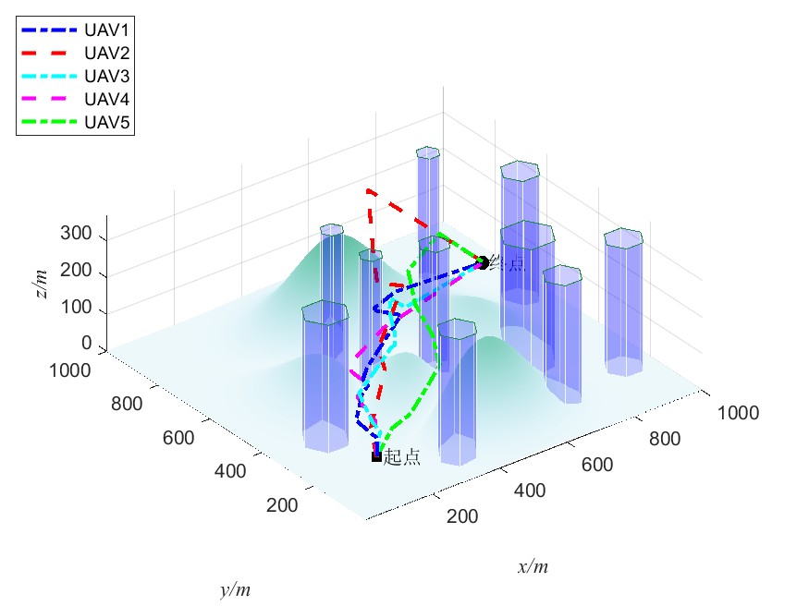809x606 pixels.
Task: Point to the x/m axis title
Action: point(533,566)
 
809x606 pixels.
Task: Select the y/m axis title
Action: point(235,589)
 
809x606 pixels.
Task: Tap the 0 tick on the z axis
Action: point(88,344)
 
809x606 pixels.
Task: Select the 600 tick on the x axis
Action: point(597,464)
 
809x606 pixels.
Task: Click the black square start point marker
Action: point(376,456)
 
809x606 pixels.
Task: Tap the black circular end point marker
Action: point(483,263)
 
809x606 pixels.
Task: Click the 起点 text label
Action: point(402,457)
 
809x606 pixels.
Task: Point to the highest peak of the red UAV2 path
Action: point(369,191)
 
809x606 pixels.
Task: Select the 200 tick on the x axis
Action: point(461,516)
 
